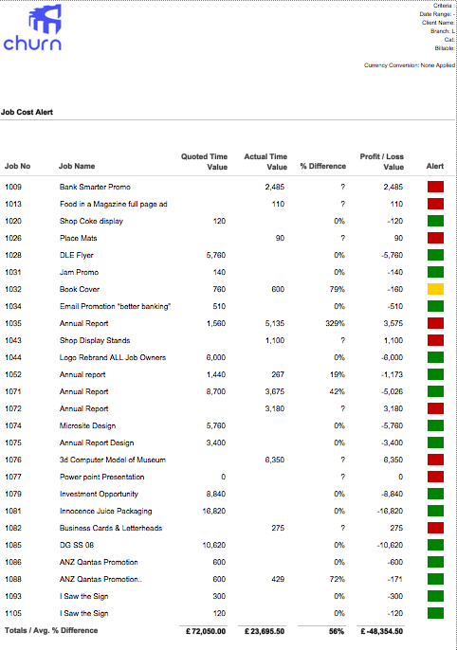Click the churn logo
(32, 27)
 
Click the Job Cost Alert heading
(27, 112)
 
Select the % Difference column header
(323, 166)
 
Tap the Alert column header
(435, 166)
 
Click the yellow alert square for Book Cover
(435, 289)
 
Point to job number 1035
(13, 323)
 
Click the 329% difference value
(335, 323)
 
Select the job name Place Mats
(79, 238)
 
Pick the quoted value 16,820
(214, 511)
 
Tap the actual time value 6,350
(275, 460)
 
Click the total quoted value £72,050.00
(206, 631)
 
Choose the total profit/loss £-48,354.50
(381, 631)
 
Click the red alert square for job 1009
(435, 187)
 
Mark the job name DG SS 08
(77, 545)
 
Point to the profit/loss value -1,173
(392, 374)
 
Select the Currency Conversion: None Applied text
(410, 65)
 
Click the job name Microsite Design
(87, 425)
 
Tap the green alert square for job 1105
(435, 613)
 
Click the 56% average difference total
(337, 631)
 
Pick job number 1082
(13, 528)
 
